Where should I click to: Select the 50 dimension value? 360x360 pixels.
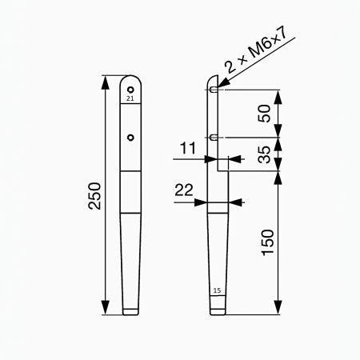266,113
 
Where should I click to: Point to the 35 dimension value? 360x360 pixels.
266,154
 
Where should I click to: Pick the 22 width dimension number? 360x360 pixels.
185,190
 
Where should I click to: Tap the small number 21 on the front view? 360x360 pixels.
131,98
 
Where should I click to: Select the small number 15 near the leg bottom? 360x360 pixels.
217,290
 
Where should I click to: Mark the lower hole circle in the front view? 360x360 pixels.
131,137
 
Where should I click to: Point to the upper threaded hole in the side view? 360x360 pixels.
214,90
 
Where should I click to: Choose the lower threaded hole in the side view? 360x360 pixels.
214,137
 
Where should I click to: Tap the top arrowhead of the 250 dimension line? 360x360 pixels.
105,78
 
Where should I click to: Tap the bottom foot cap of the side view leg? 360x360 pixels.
217,306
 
